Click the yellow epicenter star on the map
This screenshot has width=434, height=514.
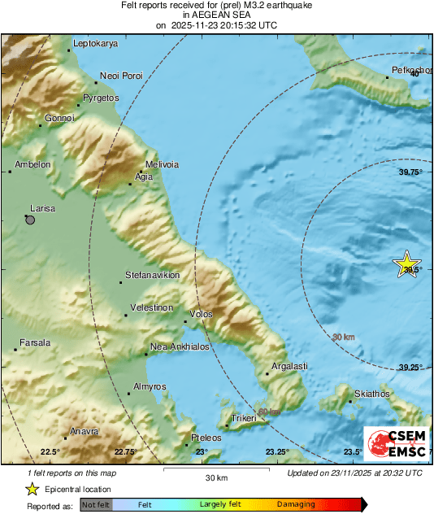(406, 265)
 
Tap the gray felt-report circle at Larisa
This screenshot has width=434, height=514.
(30, 220)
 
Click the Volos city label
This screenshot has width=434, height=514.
(201, 314)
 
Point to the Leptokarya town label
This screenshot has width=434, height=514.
(95, 43)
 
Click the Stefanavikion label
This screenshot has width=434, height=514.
(152, 276)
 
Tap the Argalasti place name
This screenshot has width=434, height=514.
(289, 367)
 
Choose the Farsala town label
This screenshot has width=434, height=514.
(35, 343)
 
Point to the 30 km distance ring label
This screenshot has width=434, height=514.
(344, 337)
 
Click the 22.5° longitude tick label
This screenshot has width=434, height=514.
(50, 452)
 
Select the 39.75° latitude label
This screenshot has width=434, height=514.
(410, 172)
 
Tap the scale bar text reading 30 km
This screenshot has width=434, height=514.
(215, 477)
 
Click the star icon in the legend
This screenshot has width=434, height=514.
(32, 489)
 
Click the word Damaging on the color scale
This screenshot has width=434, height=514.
(296, 505)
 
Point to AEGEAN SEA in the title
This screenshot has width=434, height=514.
(217, 15)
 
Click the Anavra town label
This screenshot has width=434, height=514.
(85, 431)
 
